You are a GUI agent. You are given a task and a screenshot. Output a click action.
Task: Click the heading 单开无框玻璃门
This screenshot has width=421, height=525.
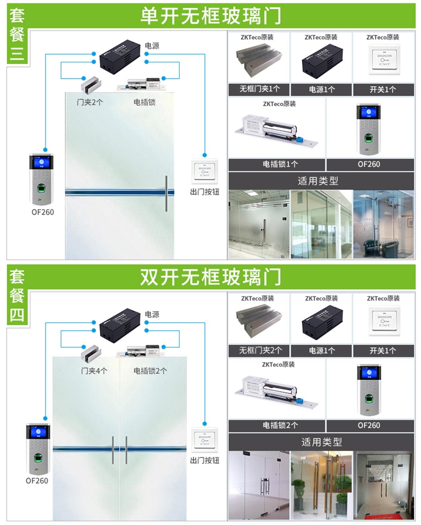coord(210,15)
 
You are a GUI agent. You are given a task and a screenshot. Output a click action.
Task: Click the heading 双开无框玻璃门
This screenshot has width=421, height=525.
coord(210,277)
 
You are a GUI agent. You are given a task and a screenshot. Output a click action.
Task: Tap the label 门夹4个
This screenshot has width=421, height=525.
coord(94,371)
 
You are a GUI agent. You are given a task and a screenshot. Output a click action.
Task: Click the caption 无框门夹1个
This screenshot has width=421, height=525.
coord(258,89)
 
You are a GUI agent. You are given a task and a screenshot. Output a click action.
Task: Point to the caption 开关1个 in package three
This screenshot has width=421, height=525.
coord(383,89)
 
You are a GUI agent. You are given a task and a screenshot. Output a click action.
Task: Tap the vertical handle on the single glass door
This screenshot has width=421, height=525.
coord(166,194)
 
